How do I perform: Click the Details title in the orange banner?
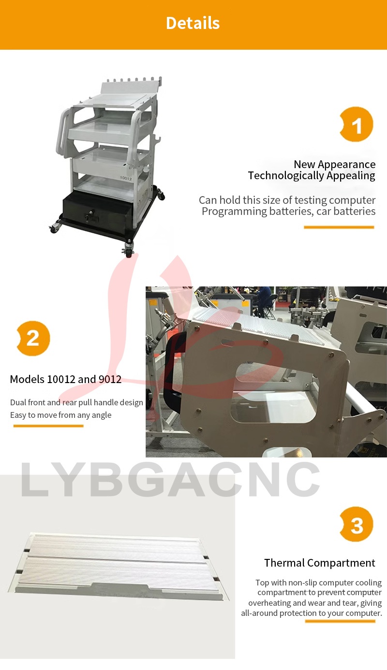193,23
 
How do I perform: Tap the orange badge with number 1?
357,124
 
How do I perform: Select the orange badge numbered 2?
33,338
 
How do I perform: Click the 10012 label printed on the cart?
126,178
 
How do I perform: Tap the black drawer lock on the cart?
89,215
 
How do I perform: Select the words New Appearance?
335,164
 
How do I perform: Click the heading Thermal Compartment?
320,563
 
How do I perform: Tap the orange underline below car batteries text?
339,227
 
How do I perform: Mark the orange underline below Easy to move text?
48,426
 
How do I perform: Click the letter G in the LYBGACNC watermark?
142,480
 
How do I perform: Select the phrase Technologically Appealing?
312,175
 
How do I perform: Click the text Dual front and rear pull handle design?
76,402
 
